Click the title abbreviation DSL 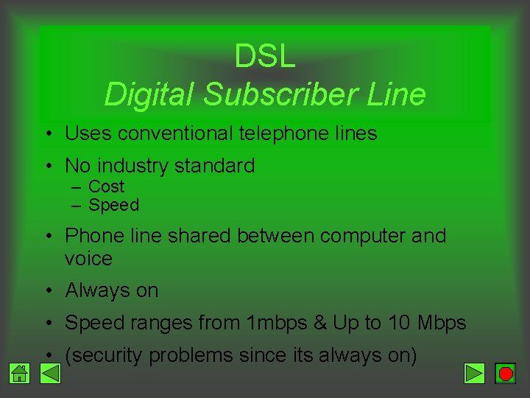pos(265,57)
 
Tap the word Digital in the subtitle pos(151,94)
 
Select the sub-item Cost pos(106,186)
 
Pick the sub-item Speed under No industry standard pos(113,205)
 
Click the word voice pos(88,259)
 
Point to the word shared pos(199,236)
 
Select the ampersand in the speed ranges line pos(319,323)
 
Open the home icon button pos(20,374)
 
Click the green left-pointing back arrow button pos(49,374)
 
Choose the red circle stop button pos(505,374)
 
